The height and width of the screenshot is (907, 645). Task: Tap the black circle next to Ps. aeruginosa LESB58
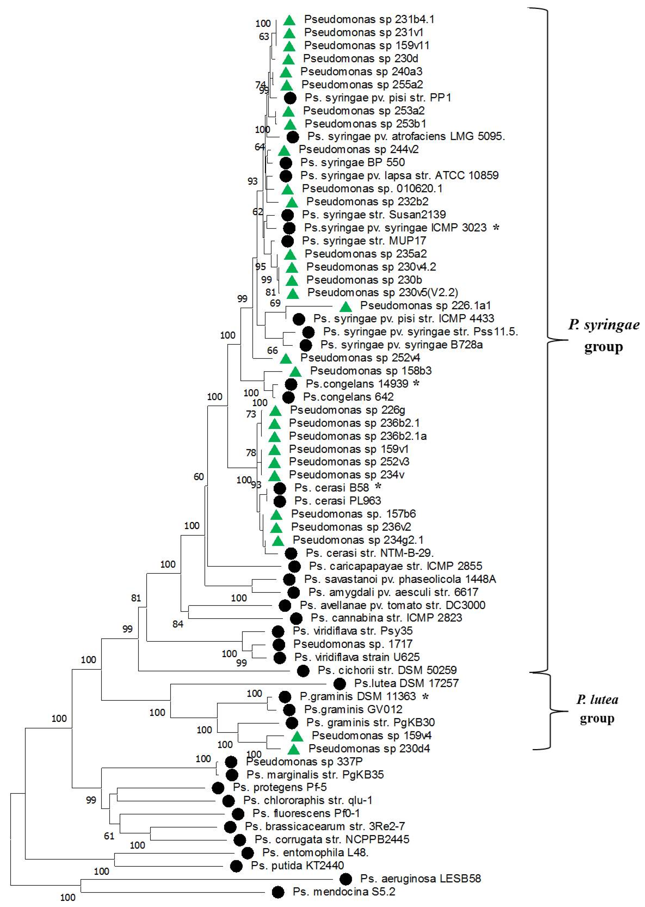tap(346, 879)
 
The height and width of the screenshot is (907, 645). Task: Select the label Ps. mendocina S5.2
tap(344, 892)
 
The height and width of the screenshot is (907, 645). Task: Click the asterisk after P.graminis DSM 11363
tap(425, 697)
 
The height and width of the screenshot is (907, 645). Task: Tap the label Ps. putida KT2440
tap(297, 866)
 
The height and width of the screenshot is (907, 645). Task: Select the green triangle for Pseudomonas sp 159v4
tap(297, 736)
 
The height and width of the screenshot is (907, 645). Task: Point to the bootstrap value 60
tap(199, 477)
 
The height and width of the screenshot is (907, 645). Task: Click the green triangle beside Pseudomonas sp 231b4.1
tap(290, 20)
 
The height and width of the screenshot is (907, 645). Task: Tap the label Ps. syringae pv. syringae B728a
tap(401, 345)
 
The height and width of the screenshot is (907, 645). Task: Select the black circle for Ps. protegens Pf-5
tap(218, 788)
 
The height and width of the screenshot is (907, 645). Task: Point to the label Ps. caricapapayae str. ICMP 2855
tap(396, 566)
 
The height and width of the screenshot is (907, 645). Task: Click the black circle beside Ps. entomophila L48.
tap(247, 853)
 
